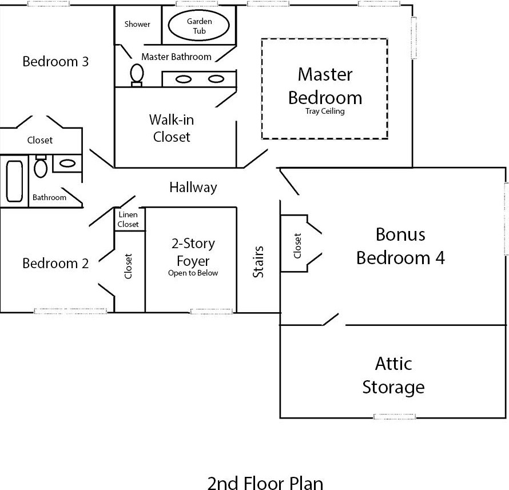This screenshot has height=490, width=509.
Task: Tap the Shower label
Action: [x=137, y=24]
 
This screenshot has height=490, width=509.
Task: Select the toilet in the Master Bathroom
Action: [x=137, y=74]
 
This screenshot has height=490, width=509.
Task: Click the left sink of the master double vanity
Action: [x=184, y=79]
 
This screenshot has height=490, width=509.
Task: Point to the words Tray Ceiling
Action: [x=325, y=111]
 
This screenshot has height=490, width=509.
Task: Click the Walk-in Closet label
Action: [x=170, y=128]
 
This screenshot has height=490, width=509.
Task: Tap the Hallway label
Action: [x=193, y=187]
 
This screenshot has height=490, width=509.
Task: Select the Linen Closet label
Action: [x=128, y=220]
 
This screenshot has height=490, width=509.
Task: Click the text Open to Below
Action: [x=193, y=273]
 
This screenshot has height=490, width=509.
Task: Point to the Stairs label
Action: [x=259, y=262]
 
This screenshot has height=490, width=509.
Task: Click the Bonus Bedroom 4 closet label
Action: [x=297, y=245]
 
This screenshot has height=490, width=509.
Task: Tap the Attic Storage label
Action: [x=393, y=375]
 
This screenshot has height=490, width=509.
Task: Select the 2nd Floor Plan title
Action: [x=265, y=481]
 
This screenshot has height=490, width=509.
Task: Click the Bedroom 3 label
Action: [x=55, y=61]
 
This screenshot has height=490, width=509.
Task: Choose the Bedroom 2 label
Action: [x=55, y=263]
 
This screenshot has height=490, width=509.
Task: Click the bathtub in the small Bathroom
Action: [x=14, y=181]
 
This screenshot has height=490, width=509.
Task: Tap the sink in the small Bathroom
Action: [x=67, y=164]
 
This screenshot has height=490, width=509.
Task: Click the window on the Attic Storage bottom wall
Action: [x=395, y=416]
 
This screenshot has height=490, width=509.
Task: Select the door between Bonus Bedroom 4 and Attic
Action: [x=331, y=320]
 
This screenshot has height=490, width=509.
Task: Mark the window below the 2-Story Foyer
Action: [x=212, y=312]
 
